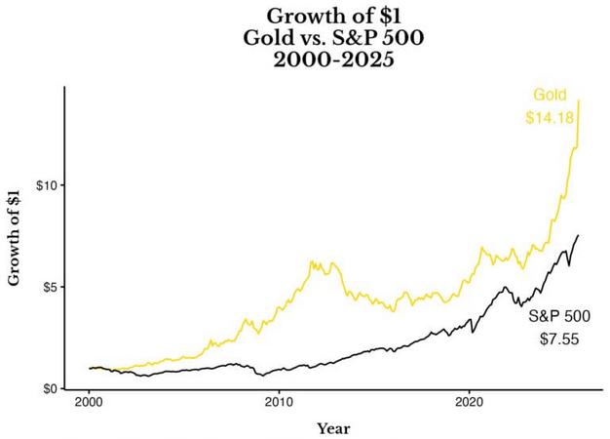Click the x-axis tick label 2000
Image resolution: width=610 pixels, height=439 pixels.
click(x=89, y=402)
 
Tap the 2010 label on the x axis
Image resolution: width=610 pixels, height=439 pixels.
click(x=280, y=402)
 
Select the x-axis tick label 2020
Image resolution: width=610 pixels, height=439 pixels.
click(x=470, y=402)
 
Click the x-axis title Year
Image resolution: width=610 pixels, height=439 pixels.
click(x=333, y=427)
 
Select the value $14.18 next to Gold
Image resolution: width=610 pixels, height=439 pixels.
click(x=549, y=118)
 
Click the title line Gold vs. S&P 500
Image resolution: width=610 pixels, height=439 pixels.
click(x=333, y=38)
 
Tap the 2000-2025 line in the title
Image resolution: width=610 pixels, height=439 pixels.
click(x=333, y=60)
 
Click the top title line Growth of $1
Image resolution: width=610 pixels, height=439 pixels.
click(x=333, y=16)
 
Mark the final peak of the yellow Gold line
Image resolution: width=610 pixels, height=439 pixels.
click(x=580, y=100)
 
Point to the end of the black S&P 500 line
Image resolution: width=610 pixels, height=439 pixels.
click(x=579, y=235)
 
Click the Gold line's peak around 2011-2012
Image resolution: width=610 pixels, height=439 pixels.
click(x=312, y=260)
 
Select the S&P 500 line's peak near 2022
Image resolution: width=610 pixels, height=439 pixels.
click(x=505, y=287)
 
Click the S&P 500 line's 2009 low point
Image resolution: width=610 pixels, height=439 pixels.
click(x=260, y=376)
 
